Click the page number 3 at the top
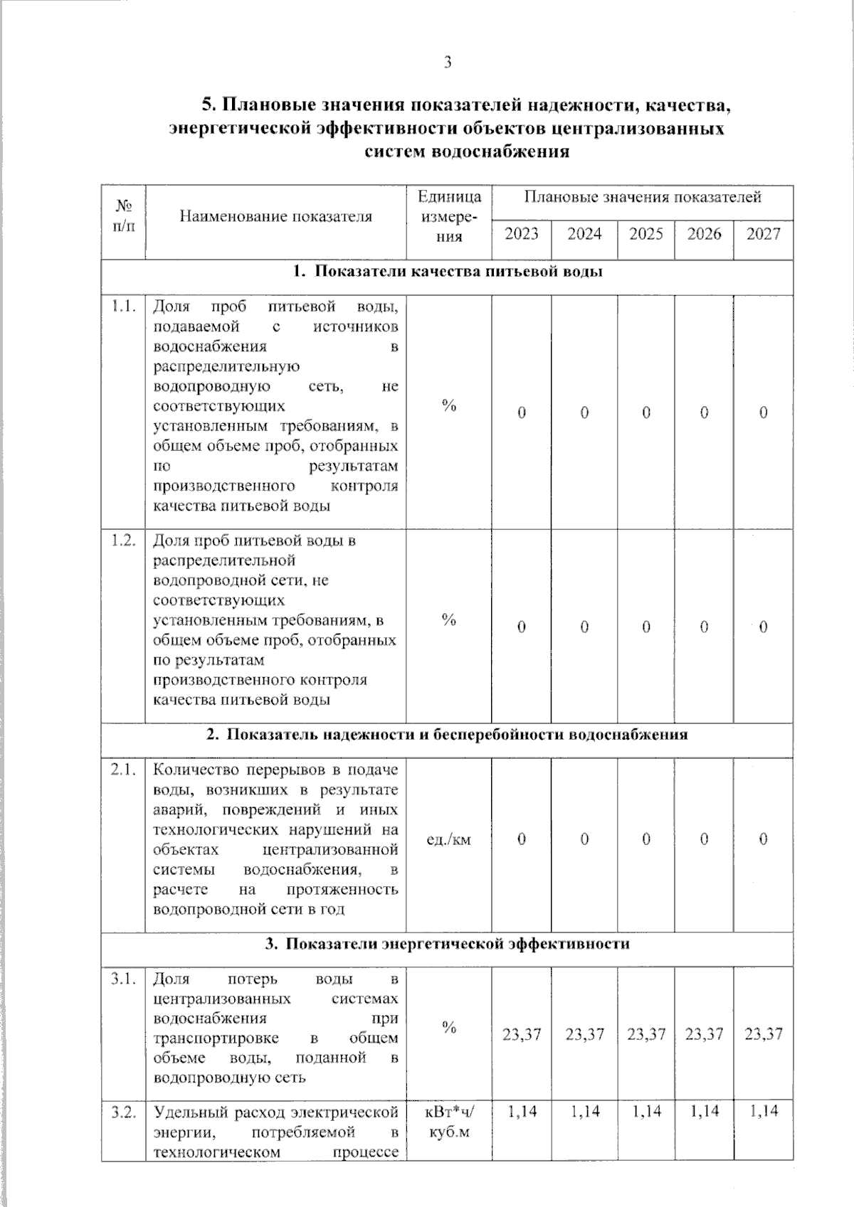(448, 63)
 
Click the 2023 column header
(522, 234)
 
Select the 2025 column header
(646, 234)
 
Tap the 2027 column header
(764, 234)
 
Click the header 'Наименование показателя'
(275, 216)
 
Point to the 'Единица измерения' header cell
(449, 216)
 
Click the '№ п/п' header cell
(124, 216)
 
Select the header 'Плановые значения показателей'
(643, 197)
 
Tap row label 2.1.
(124, 770)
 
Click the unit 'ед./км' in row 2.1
(448, 840)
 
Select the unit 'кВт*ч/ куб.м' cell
(449, 1122)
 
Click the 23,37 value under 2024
(584, 1034)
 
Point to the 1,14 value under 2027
(764, 1112)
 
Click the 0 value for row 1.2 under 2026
(704, 627)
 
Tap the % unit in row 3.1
(448, 1027)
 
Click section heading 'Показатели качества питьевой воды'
(448, 272)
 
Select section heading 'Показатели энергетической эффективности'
(448, 944)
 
